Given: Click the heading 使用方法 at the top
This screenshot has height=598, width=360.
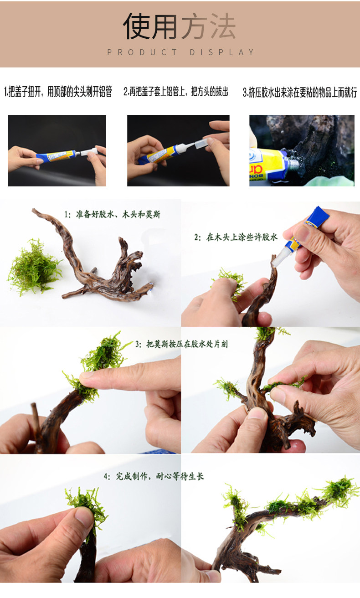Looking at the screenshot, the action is click(x=180, y=26).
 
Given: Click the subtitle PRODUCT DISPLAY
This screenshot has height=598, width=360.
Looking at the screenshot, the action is click(x=180, y=52).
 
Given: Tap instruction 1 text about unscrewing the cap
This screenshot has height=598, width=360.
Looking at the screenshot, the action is click(x=58, y=92).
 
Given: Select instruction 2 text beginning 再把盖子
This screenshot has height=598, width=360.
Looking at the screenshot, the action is click(x=176, y=92).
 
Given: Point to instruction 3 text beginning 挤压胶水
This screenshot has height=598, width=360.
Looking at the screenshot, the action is click(x=300, y=93).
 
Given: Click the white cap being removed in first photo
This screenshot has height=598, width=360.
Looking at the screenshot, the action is click(x=89, y=152).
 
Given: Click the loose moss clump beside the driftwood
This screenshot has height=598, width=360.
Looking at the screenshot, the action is click(x=35, y=268).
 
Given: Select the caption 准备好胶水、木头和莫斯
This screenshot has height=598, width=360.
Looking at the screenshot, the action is click(x=113, y=214).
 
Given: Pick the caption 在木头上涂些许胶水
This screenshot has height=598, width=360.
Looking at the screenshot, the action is click(x=236, y=237).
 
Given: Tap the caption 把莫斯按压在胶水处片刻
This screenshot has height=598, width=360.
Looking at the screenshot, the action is click(x=181, y=344).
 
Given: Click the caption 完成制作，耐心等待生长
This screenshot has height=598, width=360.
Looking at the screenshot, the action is click(x=154, y=476).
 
